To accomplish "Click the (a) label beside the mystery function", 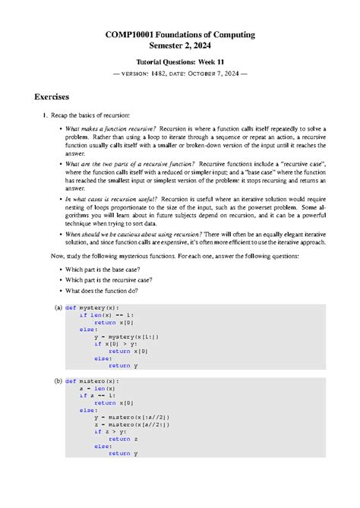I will pyautogui.click(x=58, y=308).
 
